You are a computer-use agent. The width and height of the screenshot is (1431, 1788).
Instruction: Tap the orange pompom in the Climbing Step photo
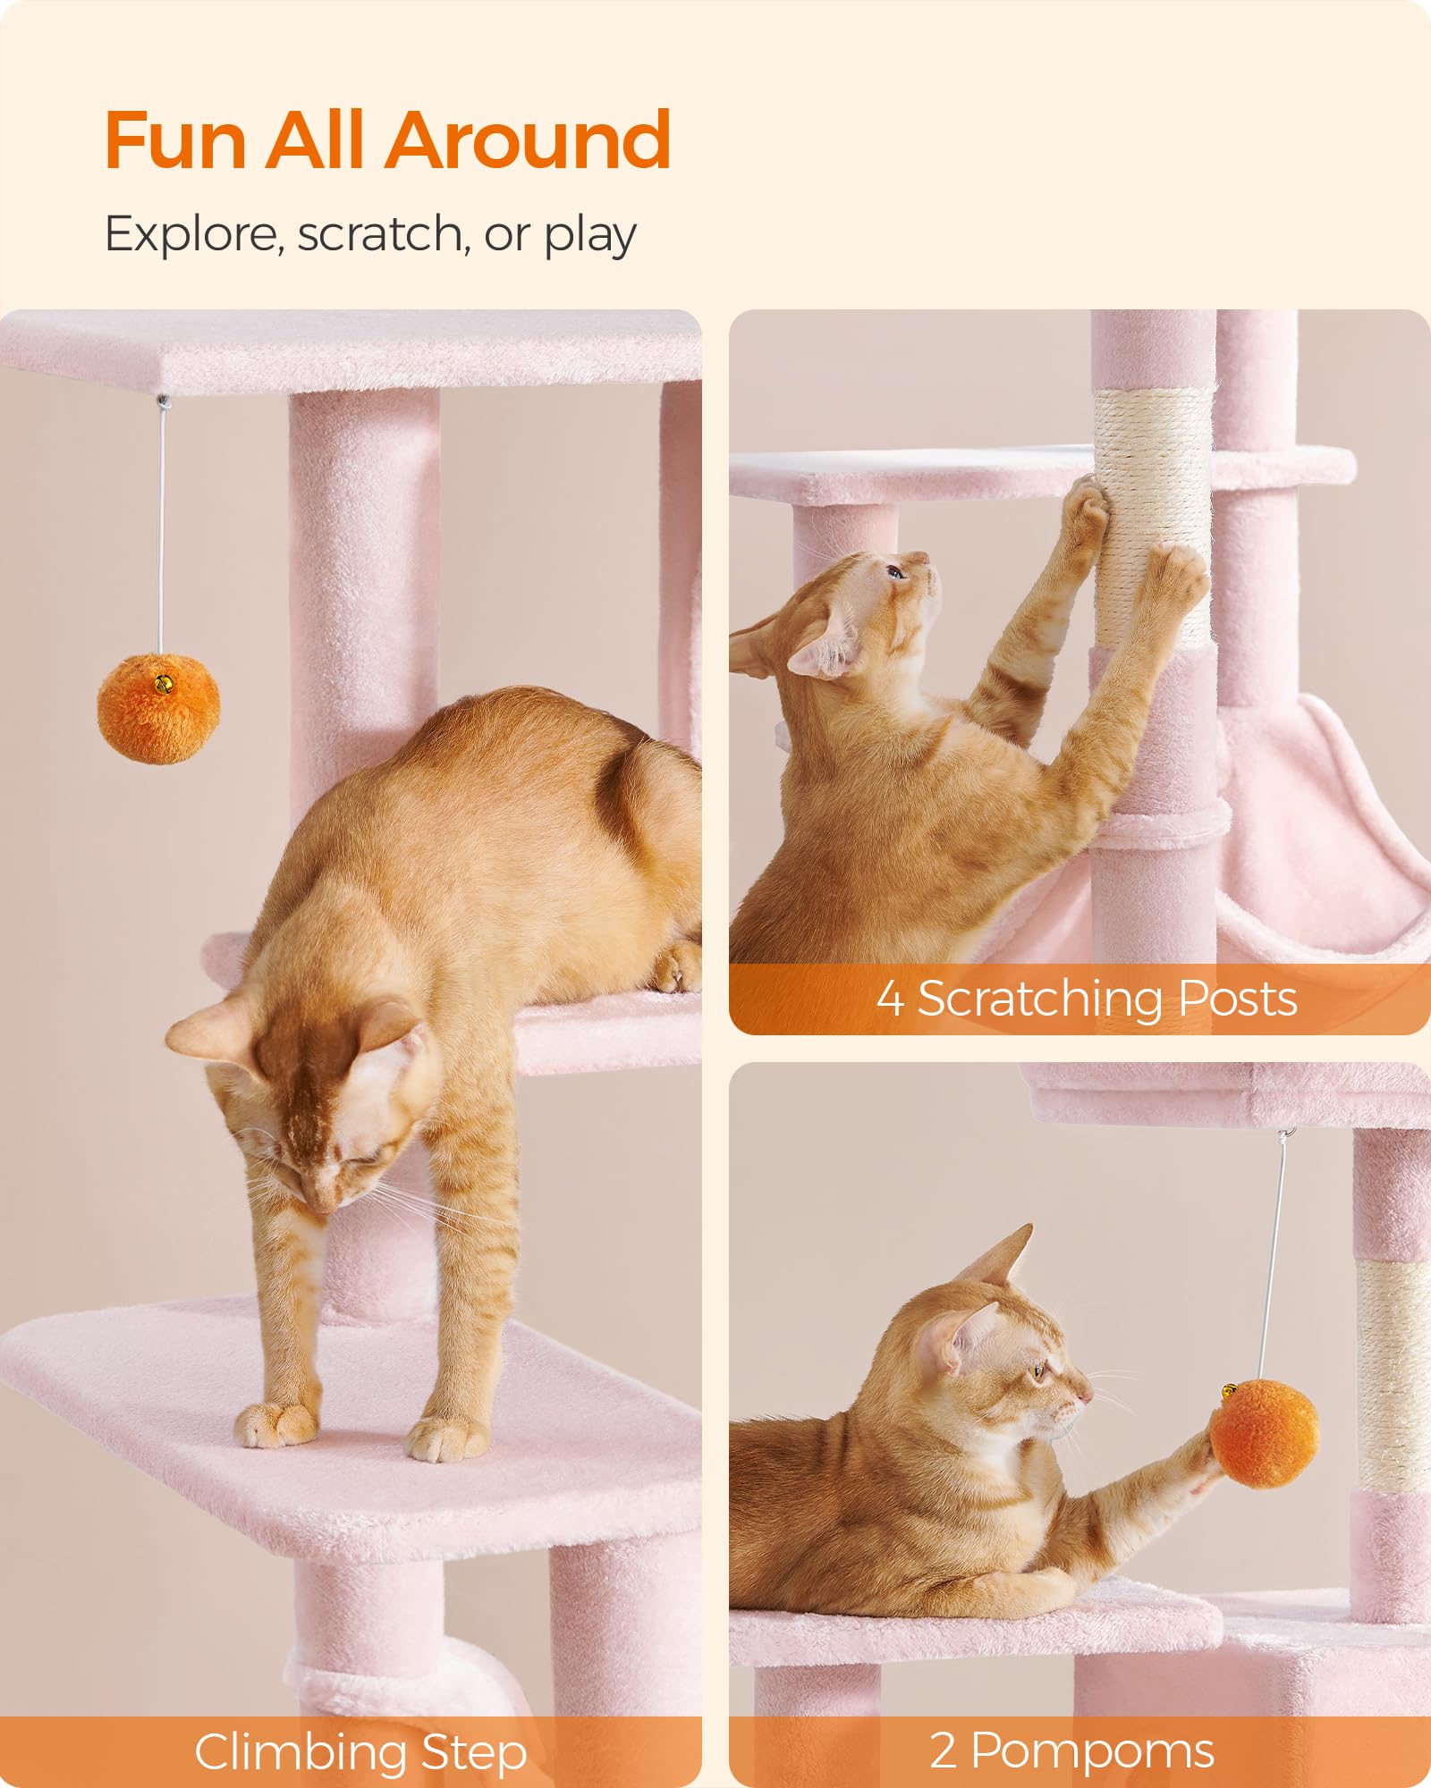point(158,710)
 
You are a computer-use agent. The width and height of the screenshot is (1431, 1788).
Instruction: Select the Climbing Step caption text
point(360,1752)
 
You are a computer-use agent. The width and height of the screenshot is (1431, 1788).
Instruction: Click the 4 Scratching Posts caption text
point(1086,998)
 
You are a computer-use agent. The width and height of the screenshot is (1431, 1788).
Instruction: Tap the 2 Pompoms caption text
point(1071,1750)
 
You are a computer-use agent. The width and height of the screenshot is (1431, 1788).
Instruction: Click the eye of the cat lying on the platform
point(1038,1395)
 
